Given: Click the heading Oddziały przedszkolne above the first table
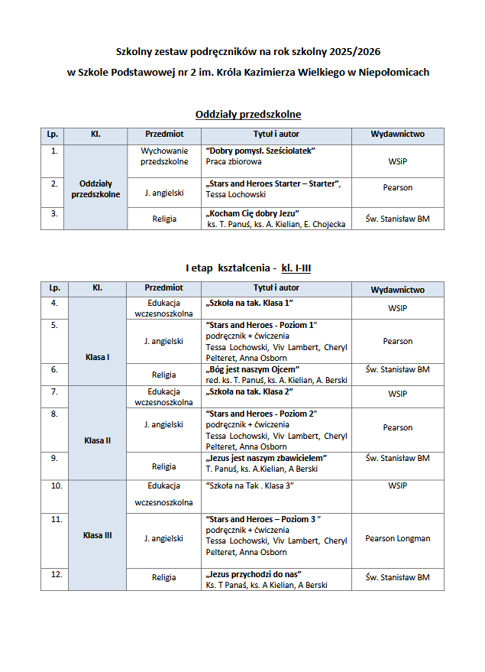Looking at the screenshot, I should [247, 115].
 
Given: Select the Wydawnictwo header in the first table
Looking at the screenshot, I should [397, 135].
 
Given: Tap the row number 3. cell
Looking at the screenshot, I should [54, 214].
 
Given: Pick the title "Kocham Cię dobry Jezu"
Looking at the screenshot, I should [252, 213].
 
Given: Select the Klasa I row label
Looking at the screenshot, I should [97, 357].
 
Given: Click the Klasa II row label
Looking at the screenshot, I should [97, 440].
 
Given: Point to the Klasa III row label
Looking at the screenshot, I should [97, 535].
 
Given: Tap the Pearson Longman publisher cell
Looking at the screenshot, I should [397, 538].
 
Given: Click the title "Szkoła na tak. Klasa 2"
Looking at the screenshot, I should [250, 392].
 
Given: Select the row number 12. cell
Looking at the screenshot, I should [55, 574].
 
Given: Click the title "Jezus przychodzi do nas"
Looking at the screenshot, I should [254, 573].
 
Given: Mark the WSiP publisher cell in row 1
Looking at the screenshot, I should [397, 161].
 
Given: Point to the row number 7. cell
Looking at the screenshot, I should [54, 392].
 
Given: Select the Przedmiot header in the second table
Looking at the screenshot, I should [163, 288].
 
